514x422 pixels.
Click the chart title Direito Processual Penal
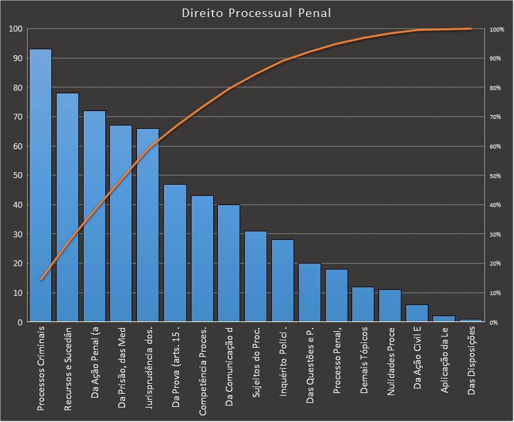tap(256, 13)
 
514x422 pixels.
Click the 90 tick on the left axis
tap(16, 59)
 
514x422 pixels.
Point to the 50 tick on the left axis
tap(16, 176)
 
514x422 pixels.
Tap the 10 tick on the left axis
tap(16, 293)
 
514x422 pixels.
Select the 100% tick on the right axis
tap(497, 30)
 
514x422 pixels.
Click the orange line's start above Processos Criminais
tap(41, 279)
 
